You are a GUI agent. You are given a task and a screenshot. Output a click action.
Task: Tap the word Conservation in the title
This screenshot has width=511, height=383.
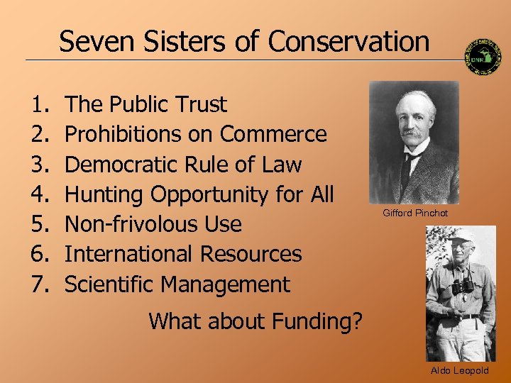(348, 41)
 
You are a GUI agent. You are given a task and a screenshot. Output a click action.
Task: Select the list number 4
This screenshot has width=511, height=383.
(39, 194)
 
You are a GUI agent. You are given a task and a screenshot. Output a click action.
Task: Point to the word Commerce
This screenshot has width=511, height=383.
(273, 135)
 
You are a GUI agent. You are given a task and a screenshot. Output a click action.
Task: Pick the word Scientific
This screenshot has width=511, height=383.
(110, 284)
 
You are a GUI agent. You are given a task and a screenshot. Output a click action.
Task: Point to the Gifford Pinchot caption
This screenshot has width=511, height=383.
(415, 213)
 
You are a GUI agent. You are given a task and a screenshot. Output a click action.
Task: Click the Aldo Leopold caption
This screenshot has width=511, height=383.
(460, 371)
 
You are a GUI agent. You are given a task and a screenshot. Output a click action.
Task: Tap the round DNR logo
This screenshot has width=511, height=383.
(483, 57)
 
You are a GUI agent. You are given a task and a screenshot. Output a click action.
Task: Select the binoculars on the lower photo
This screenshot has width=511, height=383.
(463, 286)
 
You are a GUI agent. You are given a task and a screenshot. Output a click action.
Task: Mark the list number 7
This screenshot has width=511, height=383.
(39, 284)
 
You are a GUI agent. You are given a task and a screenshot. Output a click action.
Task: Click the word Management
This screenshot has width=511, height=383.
(226, 284)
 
